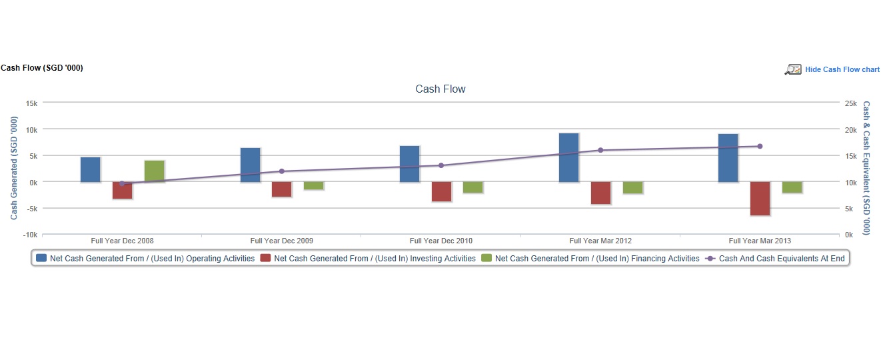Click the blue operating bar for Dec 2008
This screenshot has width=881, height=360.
(90, 169)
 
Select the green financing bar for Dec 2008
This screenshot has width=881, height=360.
(154, 171)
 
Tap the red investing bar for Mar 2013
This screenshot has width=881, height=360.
(760, 198)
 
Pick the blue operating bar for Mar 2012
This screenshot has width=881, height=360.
(568, 157)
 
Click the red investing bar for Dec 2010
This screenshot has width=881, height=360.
(441, 191)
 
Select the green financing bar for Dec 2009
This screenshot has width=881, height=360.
(313, 186)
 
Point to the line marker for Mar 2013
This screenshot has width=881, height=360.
(760, 146)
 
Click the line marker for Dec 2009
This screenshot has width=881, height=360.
(281, 171)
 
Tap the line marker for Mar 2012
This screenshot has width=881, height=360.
(600, 150)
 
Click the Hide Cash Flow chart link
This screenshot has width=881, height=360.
(842, 69)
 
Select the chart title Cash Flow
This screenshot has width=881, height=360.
(440, 89)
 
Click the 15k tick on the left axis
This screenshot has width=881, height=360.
(31, 103)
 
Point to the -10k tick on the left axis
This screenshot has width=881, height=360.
(30, 235)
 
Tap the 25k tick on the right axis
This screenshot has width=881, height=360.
(850, 103)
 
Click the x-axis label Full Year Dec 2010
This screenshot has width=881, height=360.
(440, 241)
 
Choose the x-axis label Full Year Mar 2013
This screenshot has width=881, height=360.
(760, 241)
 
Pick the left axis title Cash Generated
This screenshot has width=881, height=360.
(14, 168)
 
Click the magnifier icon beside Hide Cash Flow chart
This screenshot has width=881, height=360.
(793, 69)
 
